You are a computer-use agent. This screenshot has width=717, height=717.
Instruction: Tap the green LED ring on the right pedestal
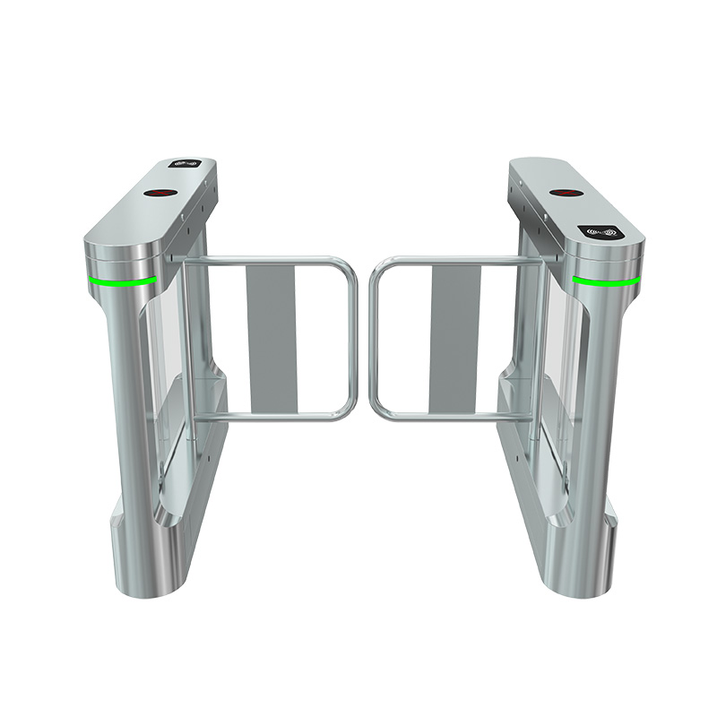point(606,281)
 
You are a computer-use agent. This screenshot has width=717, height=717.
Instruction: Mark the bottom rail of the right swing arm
point(448,415)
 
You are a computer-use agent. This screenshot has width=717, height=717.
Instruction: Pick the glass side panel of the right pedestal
point(556,358)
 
